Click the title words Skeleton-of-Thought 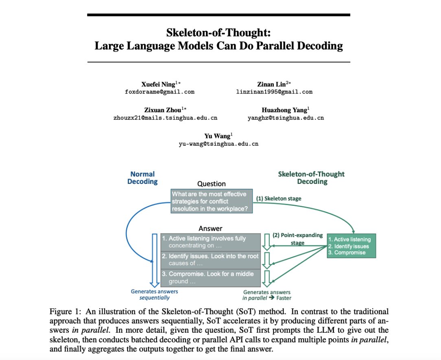click(x=218, y=33)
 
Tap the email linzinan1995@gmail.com click(x=274, y=92)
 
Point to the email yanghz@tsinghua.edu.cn click(x=286, y=118)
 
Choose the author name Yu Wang click(x=217, y=136)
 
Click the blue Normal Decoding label click(x=142, y=178)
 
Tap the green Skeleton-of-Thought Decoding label click(x=311, y=178)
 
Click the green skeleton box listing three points click(x=351, y=246)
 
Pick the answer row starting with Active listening click(x=210, y=242)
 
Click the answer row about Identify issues click(x=210, y=260)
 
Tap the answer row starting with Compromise click(x=210, y=277)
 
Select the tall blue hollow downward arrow click(x=154, y=260)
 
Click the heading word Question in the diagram click(x=211, y=184)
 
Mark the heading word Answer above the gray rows click(x=210, y=229)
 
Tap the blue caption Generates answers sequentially click(x=154, y=295)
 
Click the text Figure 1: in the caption click(x=64, y=312)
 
